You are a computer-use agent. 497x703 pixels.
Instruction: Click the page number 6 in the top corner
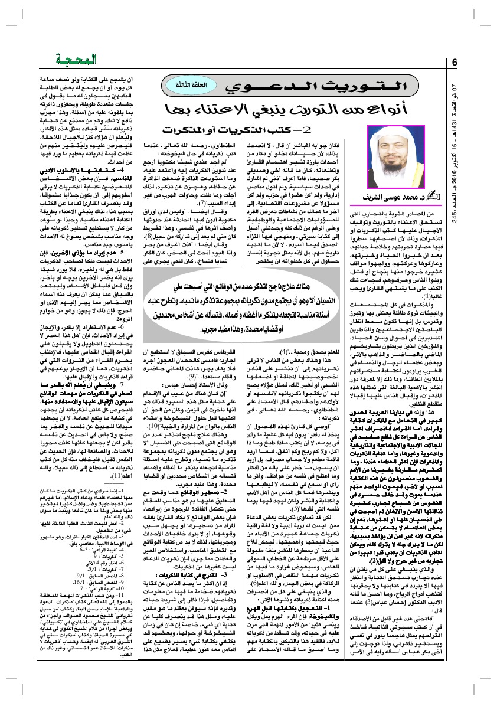pos(455,63)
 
